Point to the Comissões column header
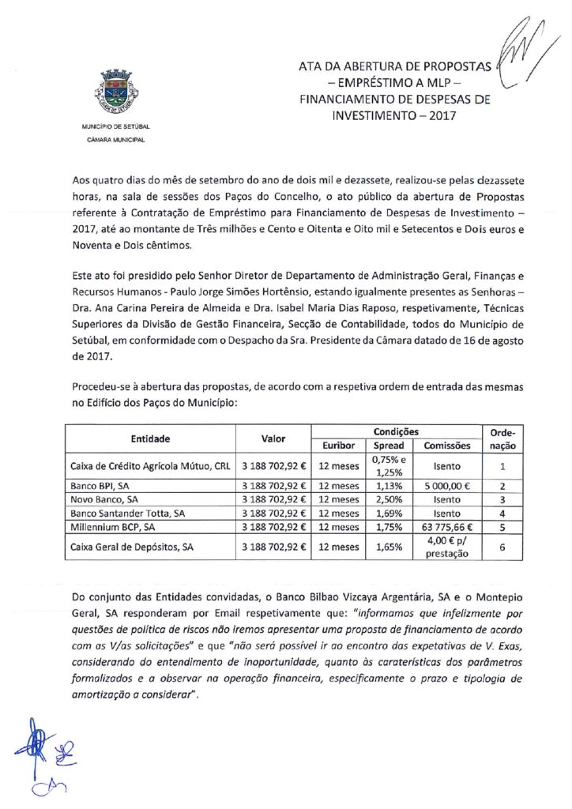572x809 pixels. tap(447, 446)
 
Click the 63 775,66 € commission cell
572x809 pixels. tap(447, 525)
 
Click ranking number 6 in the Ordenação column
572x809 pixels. tap(502, 546)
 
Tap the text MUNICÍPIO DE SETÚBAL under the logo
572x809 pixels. tap(115, 126)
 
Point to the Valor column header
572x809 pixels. tap(273, 438)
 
